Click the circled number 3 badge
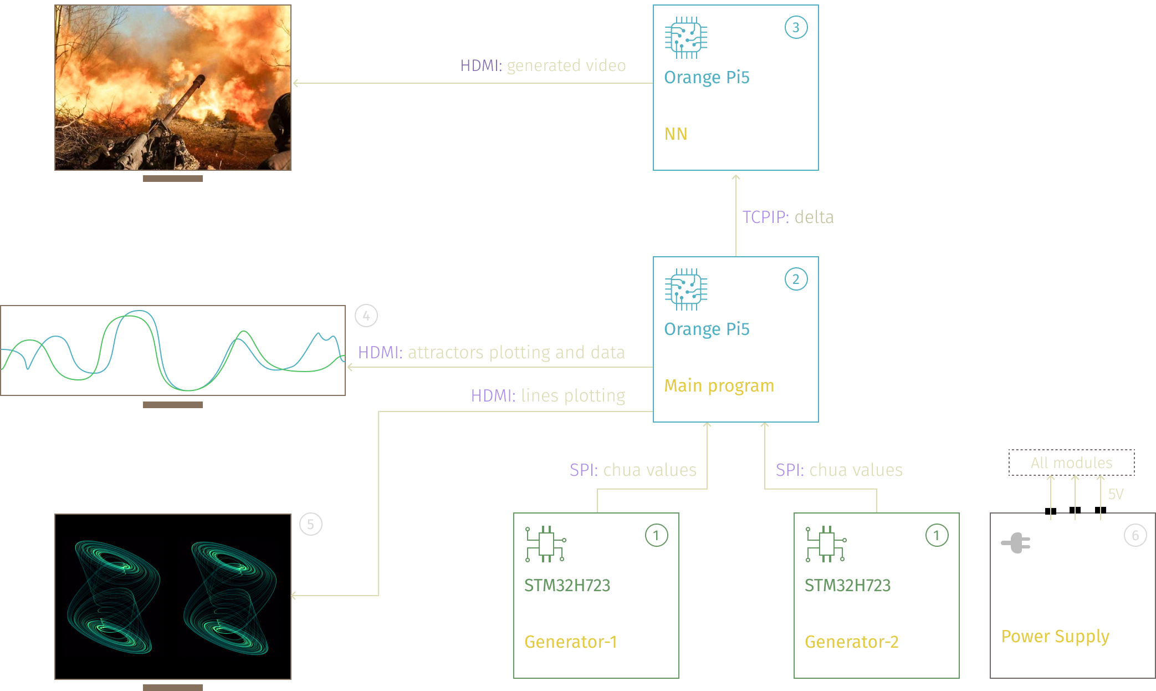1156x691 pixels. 796,27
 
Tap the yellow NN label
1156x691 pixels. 676,134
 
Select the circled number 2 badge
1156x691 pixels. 796,279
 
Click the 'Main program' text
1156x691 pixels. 719,385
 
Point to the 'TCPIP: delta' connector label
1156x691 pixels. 787,217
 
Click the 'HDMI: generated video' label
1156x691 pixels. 543,65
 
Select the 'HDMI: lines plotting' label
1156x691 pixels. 548,395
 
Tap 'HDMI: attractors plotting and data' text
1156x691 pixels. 491,352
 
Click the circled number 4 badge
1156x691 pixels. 366,316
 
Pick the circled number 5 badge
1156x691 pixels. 310,524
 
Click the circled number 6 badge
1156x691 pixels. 1135,535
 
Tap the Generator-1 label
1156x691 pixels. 570,642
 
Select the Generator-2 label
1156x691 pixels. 851,642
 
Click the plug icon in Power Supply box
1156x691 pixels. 1016,543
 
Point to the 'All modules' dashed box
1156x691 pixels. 1071,463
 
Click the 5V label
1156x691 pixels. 1116,494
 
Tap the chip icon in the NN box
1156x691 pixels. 686,38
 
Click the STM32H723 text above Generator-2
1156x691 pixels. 847,586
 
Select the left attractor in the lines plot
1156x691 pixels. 114,597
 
